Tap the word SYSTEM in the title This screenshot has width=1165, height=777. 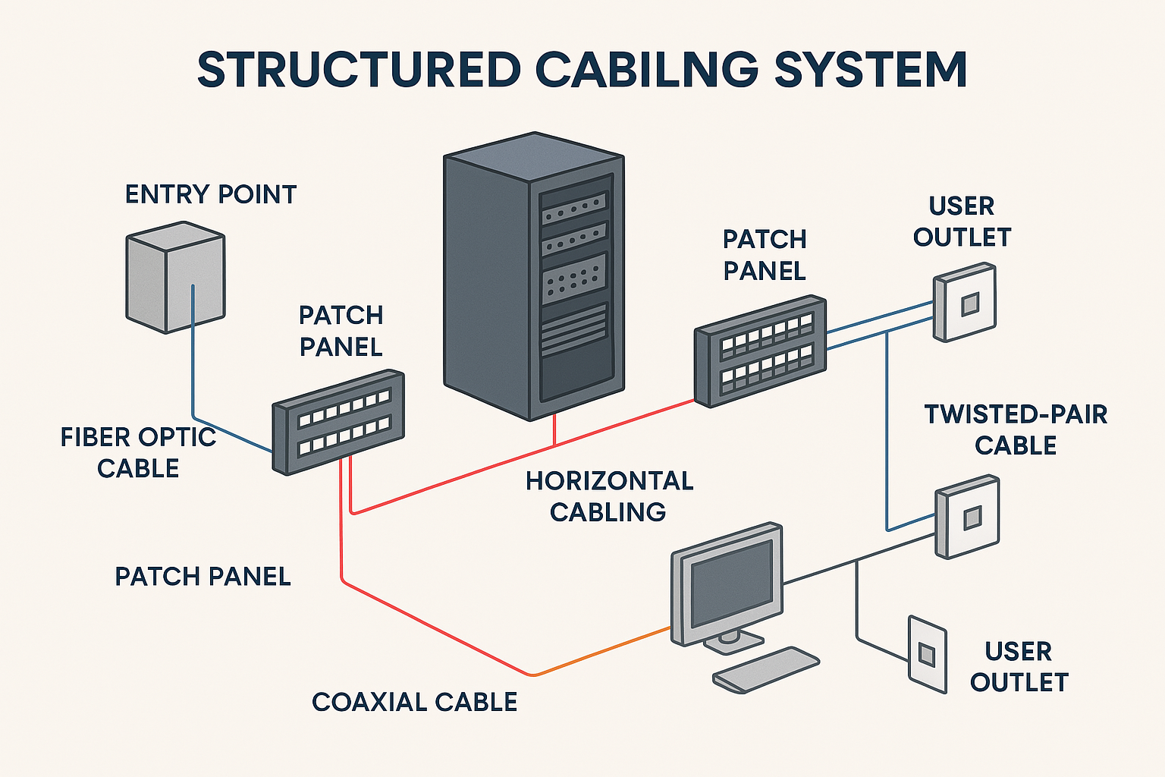point(870,71)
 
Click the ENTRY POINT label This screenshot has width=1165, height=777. point(210,195)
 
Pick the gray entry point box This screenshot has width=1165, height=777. point(174,278)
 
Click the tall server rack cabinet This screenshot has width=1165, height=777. point(533,277)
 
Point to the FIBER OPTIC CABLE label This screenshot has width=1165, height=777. point(138,453)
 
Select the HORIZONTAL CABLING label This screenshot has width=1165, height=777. point(609,496)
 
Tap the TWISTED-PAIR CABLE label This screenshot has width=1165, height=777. point(1016,429)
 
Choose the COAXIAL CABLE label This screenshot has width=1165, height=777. point(414,703)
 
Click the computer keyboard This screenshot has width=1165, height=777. point(765,669)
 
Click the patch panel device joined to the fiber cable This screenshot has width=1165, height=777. point(338,422)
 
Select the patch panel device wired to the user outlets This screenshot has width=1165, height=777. point(760,351)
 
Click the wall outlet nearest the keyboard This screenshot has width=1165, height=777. point(927,653)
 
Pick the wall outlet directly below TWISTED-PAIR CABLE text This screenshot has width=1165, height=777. point(966,517)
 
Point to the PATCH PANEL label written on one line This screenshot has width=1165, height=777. point(203,577)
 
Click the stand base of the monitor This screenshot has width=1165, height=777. point(733,643)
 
